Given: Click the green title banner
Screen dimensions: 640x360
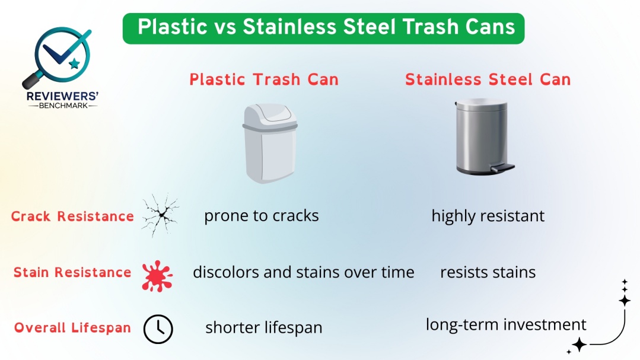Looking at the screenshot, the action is pos(323,28).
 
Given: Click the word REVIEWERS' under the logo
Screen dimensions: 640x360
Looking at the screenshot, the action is pos(62,96).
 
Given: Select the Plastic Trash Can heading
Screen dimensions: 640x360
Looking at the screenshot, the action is pos(264,79).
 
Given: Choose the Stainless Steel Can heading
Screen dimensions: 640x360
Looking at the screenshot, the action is pos(488,79).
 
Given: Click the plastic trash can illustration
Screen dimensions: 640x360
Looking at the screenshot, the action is pos(270,143).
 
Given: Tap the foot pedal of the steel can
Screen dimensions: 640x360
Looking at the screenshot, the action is pos(502,167).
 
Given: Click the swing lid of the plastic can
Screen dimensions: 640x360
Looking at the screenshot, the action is pos(270,116).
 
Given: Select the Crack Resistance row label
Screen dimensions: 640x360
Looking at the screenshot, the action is pos(72,216).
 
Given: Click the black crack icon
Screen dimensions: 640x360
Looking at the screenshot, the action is pos(160,215).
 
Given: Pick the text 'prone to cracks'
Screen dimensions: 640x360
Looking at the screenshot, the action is pos(261,216).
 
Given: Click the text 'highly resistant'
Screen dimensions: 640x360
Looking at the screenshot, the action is pos(488,216).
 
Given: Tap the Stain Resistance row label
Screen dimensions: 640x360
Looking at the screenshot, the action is pos(72,272).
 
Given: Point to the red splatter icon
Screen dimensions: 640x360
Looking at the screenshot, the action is pos(157,276).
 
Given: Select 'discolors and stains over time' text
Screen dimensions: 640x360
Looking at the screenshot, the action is pos(303,272).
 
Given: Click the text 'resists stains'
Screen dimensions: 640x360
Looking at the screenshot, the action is pos(488,272).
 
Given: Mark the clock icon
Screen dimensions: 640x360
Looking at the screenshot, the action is pos(158,329).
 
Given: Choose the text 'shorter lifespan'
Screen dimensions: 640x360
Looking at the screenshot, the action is pos(264,327).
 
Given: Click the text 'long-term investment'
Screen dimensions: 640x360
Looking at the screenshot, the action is pos(506,324).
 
